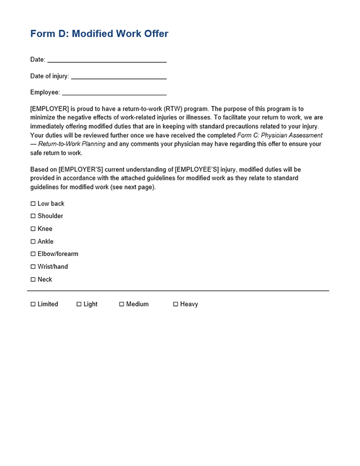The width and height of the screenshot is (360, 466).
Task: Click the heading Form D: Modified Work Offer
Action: [x=99, y=34]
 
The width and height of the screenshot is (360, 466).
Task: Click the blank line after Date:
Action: [x=106, y=60]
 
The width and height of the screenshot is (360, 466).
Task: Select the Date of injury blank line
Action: [x=118, y=76]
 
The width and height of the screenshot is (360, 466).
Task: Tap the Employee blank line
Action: [x=114, y=93]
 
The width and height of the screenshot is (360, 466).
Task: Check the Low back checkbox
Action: [x=33, y=204]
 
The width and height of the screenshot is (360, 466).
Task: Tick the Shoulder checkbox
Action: [x=33, y=217]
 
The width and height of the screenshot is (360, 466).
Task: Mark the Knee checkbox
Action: [x=33, y=229]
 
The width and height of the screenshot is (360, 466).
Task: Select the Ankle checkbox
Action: [x=33, y=242]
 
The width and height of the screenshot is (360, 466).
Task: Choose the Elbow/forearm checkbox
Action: [x=33, y=254]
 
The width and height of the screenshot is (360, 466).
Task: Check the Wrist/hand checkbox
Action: [x=33, y=267]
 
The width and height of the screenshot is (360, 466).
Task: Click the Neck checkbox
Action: [x=33, y=279]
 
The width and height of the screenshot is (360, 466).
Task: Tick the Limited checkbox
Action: [x=33, y=304]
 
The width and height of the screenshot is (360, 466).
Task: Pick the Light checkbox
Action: [x=79, y=304]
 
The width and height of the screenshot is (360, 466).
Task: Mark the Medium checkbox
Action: [x=122, y=304]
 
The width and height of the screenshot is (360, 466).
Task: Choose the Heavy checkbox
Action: [x=175, y=304]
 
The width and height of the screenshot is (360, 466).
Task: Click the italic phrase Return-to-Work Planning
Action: [x=72, y=144]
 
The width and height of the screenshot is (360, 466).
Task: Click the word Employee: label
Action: [x=45, y=93]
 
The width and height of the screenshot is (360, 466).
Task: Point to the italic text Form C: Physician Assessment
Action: [x=279, y=135]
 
